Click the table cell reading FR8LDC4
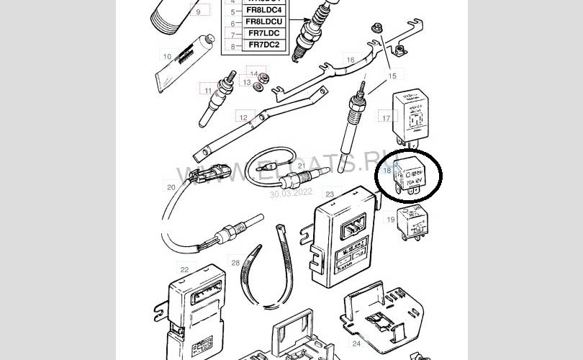point(264,11)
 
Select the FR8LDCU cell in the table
point(264,23)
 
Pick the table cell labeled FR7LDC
point(264,35)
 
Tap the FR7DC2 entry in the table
point(264,45)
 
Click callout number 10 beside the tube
point(166,55)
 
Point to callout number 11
point(208,91)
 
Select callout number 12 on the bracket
point(243,117)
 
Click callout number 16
point(350,60)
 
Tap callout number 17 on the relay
point(386,118)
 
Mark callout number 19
point(391,219)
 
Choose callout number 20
point(171,188)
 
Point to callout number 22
point(184,269)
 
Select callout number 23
point(329,194)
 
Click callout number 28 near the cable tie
point(235,264)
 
